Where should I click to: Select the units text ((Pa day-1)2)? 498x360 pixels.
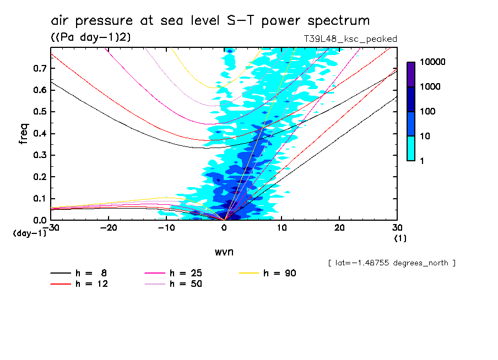tap(90, 37)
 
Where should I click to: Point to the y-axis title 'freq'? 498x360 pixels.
tap(23, 133)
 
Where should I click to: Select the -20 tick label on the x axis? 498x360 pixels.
tap(109, 227)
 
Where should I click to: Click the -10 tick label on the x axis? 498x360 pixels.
tap(166, 227)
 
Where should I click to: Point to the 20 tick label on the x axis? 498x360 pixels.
tap(339, 227)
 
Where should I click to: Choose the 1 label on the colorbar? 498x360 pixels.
tap(423, 160)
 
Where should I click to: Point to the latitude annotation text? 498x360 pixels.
tap(391, 263)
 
